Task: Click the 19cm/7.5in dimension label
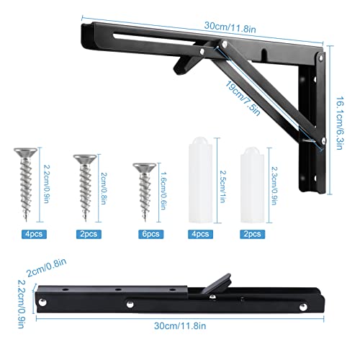[x=243, y=99]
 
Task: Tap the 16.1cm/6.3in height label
[x=339, y=123]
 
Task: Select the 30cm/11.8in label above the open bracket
[x=230, y=27]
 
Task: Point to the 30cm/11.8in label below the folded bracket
[x=180, y=326]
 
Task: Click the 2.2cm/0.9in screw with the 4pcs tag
[x=25, y=184]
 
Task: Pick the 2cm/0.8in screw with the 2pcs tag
[x=85, y=188]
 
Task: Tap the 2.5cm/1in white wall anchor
[x=201, y=180]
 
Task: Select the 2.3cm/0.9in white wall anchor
[x=252, y=185]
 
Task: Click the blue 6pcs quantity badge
[x=150, y=234]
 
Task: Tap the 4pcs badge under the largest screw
[x=34, y=234]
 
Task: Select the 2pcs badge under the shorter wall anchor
[x=253, y=234]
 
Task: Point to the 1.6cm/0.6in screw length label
[x=163, y=191]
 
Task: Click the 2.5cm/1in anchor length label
[x=223, y=186]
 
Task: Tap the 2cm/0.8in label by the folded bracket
[x=46, y=268]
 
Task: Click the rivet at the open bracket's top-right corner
[x=320, y=58]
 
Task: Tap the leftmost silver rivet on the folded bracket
[x=43, y=302]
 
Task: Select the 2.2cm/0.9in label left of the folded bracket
[x=21, y=305]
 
